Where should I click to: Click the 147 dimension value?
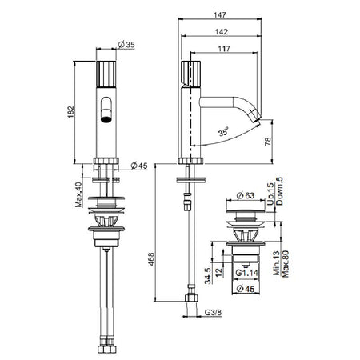tap(220, 15)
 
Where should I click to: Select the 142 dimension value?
tap(222, 32)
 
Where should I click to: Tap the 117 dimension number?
tap(224, 49)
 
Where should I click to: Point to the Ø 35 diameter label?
tap(126, 45)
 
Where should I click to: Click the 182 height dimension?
tap(70, 112)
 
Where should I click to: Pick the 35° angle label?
tap(223, 132)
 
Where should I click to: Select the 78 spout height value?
tap(267, 141)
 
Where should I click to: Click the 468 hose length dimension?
tap(151, 258)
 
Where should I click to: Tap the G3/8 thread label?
tap(213, 312)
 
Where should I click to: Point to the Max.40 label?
tap(78, 194)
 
